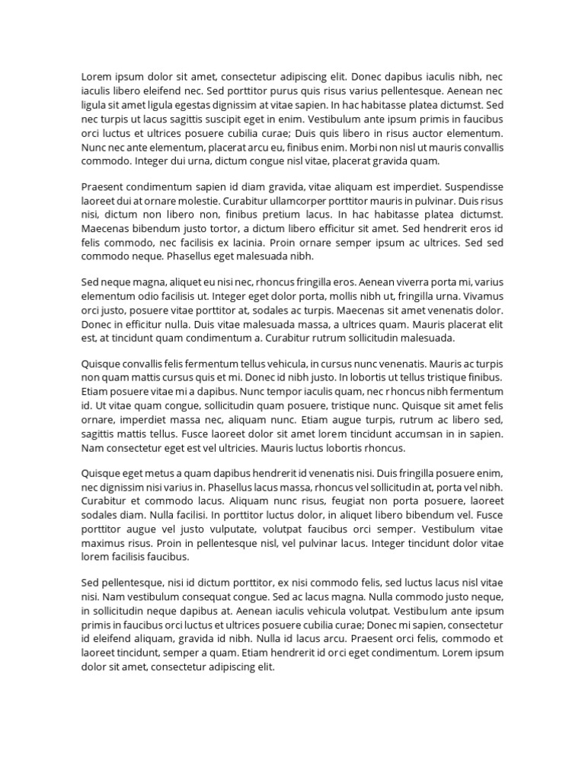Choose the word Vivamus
coord(480,295)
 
